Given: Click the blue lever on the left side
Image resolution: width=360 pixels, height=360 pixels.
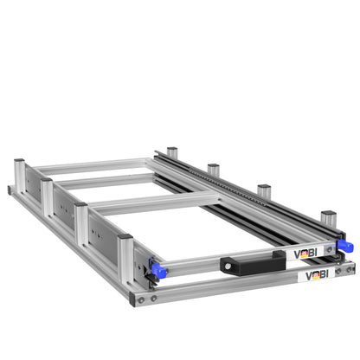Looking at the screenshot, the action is click(x=157, y=270).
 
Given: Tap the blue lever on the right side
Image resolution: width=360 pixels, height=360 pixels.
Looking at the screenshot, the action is click(x=345, y=246).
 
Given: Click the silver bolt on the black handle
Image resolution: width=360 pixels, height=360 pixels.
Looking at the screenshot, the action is click(x=228, y=267).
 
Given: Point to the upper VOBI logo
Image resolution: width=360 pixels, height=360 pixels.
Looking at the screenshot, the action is click(x=305, y=254).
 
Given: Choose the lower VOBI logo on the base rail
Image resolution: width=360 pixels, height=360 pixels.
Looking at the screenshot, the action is click(x=317, y=275).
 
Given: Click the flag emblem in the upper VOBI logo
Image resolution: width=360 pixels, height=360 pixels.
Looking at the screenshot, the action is click(x=304, y=254).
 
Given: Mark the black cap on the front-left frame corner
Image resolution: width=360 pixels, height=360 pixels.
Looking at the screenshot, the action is click(x=132, y=299).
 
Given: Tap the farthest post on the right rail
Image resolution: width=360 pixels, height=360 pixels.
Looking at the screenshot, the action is click(x=172, y=152).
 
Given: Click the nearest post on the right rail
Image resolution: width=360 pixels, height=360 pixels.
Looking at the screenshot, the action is click(x=329, y=219).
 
